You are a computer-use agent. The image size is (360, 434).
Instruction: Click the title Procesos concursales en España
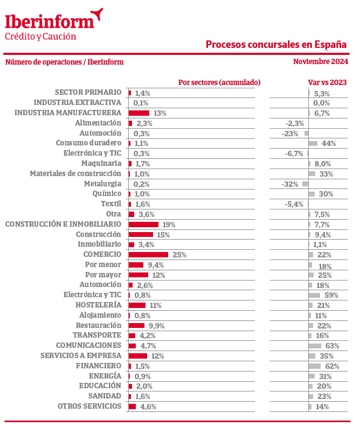276,44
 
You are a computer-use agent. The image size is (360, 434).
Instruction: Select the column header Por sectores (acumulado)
219,82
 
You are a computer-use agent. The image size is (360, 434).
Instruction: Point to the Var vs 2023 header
327,82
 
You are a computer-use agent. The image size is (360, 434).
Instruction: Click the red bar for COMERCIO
148,255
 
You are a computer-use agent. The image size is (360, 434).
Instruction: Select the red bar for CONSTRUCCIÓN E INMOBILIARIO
143,225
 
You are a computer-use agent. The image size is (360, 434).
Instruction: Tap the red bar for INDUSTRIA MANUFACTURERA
139,113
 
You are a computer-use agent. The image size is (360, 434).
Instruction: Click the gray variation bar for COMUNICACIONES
315,346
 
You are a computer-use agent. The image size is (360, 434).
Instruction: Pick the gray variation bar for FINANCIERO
314,366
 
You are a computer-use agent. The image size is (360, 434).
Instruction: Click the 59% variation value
331,295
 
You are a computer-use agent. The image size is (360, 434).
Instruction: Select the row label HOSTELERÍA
99,305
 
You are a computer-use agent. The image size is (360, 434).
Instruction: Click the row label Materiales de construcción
75,173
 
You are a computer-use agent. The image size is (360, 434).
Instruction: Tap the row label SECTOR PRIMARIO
88,93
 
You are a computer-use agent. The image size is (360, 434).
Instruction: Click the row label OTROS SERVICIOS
89,407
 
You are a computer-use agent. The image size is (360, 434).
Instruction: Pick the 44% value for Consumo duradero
329,143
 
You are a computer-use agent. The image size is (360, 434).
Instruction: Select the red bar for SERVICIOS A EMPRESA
137,356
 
